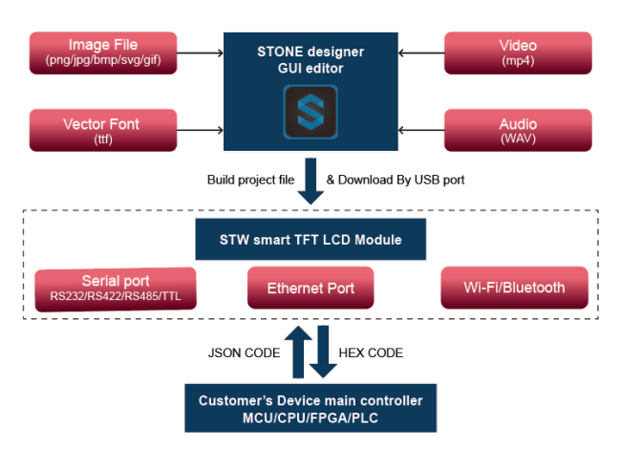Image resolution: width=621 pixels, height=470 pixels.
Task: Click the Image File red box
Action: pyautogui.click(x=103, y=53)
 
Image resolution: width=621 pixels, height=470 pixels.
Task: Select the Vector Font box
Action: pyautogui.click(x=103, y=131)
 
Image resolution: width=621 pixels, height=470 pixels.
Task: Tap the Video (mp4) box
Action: pyautogui.click(x=517, y=53)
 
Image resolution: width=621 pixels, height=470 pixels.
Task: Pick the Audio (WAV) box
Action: pyautogui.click(x=517, y=131)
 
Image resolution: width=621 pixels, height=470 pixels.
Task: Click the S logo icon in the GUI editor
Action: pyautogui.click(x=310, y=115)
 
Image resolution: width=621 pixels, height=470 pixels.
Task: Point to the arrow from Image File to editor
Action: pyautogui.click(x=200, y=53)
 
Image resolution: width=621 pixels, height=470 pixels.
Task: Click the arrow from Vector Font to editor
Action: pyautogui.click(x=200, y=130)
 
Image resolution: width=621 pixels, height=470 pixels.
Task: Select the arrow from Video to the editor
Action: pyautogui.click(x=420, y=53)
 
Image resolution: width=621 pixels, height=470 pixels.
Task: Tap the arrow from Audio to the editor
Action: pyautogui.click(x=420, y=130)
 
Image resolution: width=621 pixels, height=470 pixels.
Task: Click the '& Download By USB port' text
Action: pyautogui.click(x=396, y=180)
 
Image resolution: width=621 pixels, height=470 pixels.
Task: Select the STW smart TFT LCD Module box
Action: pyautogui.click(x=311, y=241)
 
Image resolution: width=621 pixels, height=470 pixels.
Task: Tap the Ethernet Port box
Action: pyautogui.click(x=311, y=288)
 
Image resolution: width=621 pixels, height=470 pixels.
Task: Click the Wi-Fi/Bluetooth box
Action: pyautogui.click(x=514, y=288)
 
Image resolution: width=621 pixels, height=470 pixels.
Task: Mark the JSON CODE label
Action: pyautogui.click(x=244, y=352)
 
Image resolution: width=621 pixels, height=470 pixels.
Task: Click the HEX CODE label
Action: pyautogui.click(x=371, y=352)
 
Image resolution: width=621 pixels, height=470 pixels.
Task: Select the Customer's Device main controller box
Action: pyautogui.click(x=310, y=407)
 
